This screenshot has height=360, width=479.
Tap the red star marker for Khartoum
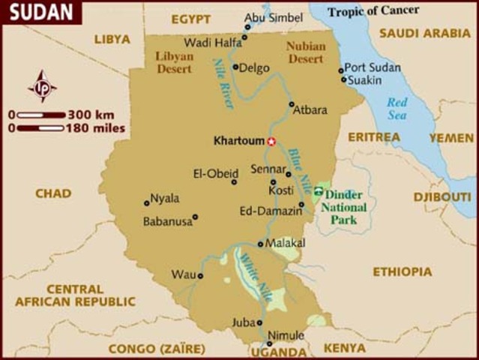tap(271, 141)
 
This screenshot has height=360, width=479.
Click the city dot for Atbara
tap(292, 104)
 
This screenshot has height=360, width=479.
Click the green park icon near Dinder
tap(319, 192)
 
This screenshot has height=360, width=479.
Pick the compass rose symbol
tap(42, 86)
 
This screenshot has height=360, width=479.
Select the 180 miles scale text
tap(95, 128)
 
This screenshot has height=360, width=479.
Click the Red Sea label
tap(397, 109)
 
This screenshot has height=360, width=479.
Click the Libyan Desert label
tap(175, 61)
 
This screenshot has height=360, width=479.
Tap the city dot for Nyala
tap(146, 202)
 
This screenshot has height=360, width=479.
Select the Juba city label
tap(244, 322)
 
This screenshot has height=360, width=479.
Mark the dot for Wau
tap(200, 276)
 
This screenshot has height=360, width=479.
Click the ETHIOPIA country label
tap(403, 271)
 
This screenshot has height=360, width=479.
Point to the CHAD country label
tap(53, 193)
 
